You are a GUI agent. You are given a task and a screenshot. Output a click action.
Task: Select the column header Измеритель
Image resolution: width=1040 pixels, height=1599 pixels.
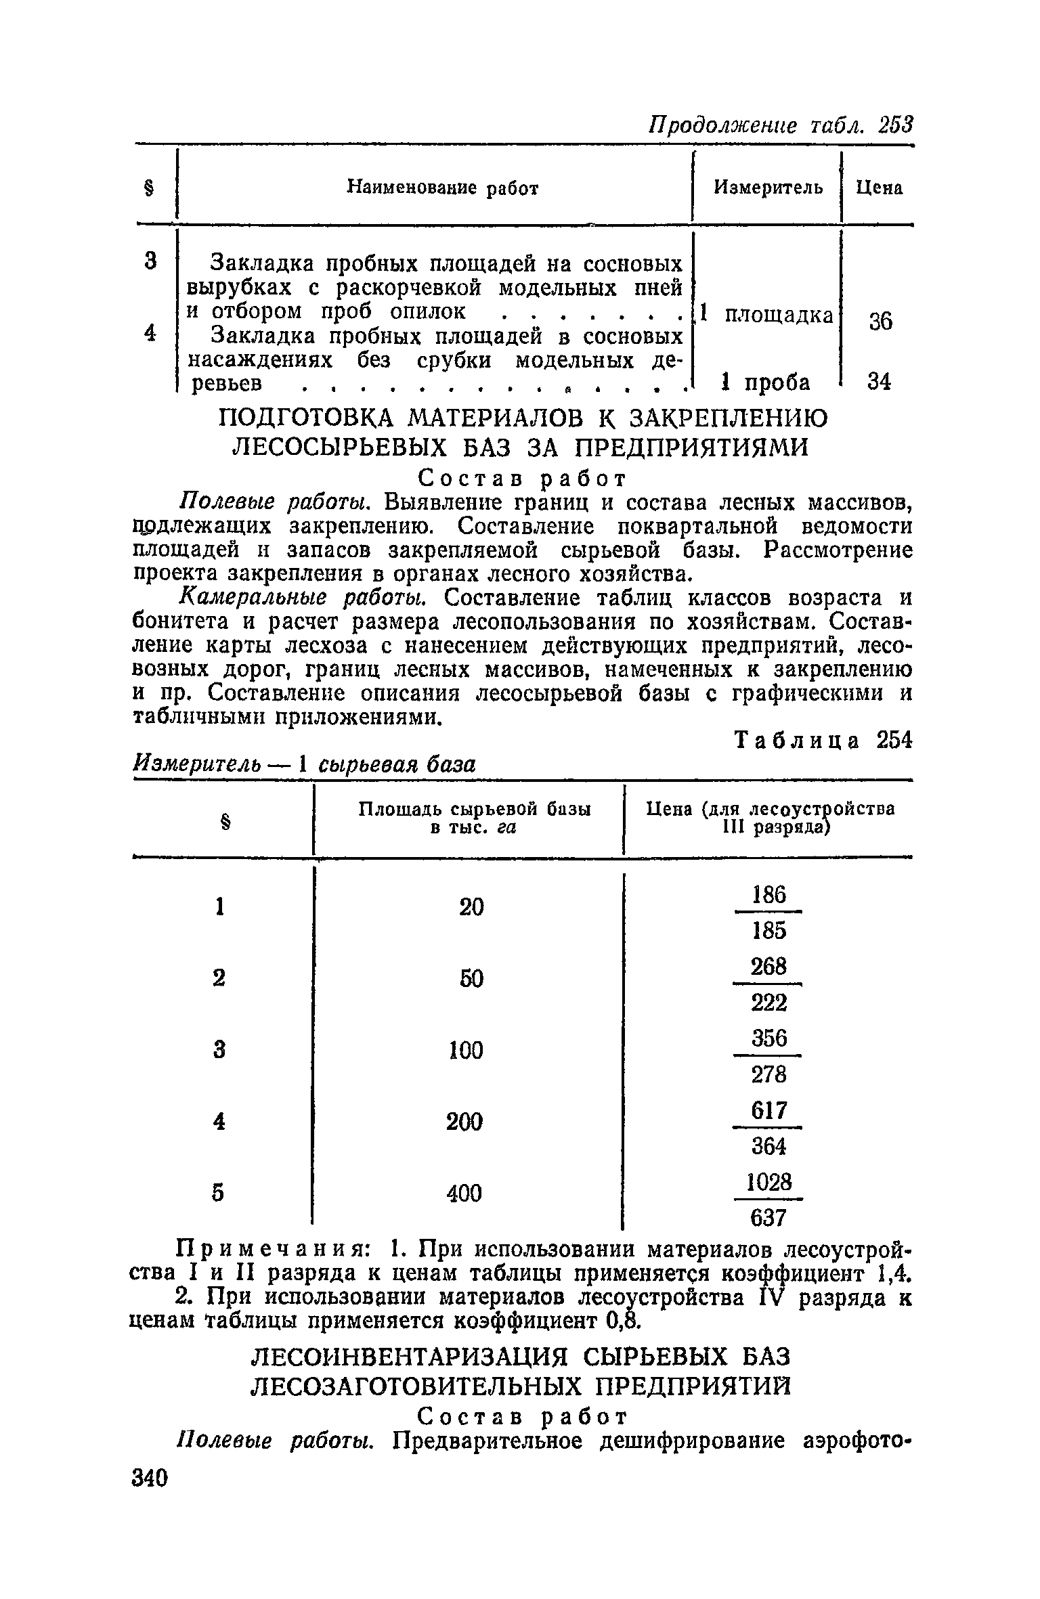769,188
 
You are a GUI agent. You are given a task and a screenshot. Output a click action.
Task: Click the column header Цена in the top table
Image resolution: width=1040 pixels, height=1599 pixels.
879,188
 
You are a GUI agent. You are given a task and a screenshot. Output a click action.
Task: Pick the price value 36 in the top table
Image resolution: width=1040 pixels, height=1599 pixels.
881,320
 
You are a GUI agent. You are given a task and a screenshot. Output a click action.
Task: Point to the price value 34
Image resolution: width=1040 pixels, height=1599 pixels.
880,382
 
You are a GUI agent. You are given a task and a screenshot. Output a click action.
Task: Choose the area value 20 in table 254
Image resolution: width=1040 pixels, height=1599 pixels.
471,906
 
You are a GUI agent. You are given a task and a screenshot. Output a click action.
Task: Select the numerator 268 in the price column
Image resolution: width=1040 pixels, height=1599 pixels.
768,967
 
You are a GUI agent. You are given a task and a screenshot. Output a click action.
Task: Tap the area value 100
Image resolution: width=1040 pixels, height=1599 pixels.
464,1050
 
